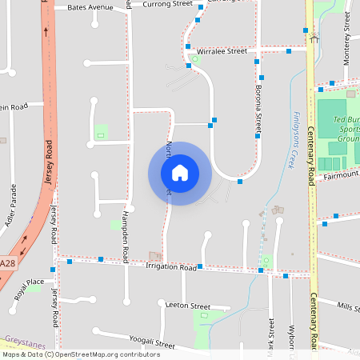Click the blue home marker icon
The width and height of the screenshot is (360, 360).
pos(179,172)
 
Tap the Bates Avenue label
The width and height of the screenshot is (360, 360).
pos(90,6)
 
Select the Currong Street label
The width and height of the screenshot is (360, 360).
pos(167,4)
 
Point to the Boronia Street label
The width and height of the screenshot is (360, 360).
pos(258,112)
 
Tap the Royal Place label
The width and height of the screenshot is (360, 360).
pos(30,289)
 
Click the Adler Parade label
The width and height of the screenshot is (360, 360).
pos(11,205)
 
